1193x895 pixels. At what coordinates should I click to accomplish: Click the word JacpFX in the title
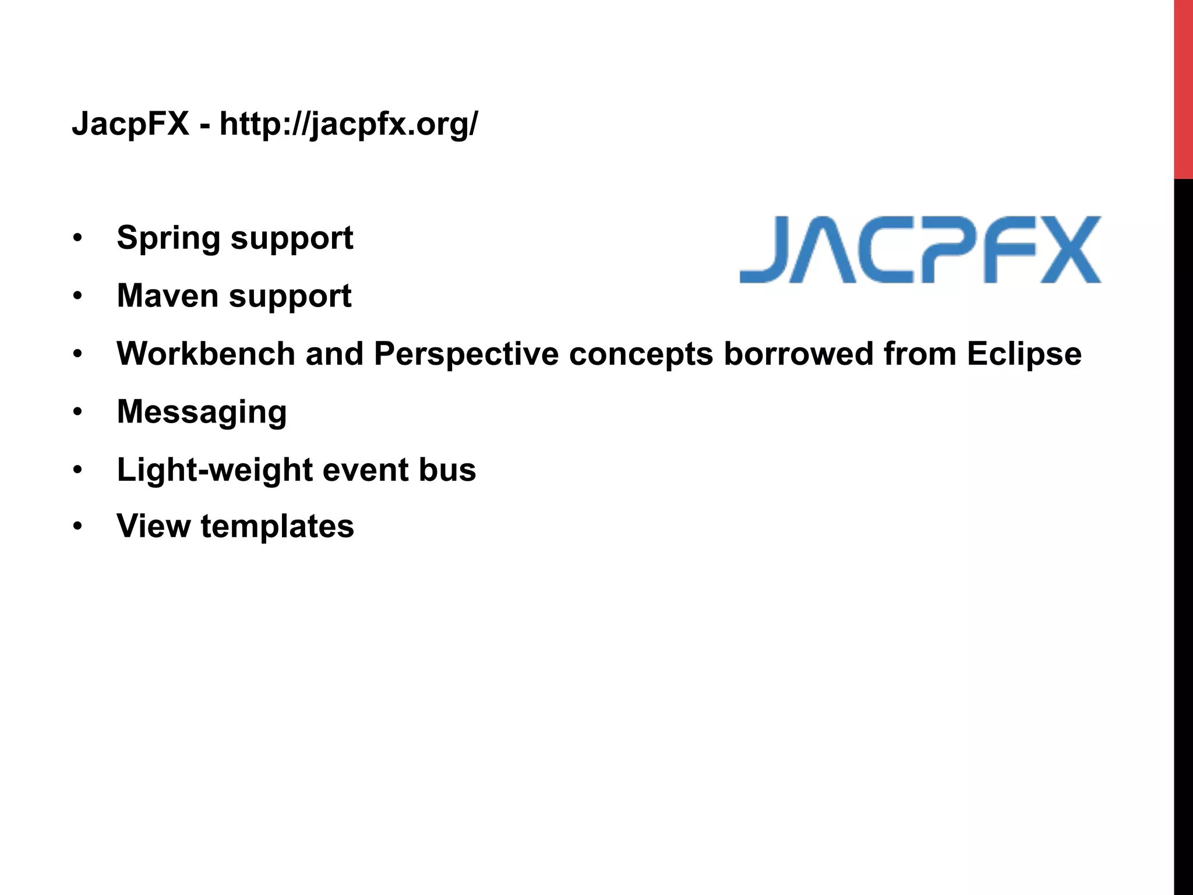tap(130, 124)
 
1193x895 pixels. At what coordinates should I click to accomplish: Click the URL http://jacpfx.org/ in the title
tap(348, 125)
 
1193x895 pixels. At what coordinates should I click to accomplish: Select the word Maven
tap(168, 296)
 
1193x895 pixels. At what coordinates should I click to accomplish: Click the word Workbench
tap(206, 354)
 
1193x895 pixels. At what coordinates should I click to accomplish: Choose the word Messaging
tap(202, 413)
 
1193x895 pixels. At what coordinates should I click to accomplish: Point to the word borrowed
tap(798, 354)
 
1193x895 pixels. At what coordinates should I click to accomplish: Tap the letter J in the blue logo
tap(764, 249)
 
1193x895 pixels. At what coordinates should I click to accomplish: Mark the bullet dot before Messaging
tap(77, 412)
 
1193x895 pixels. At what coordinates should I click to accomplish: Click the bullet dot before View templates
tap(77, 526)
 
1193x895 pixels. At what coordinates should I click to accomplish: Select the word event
tap(365, 470)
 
